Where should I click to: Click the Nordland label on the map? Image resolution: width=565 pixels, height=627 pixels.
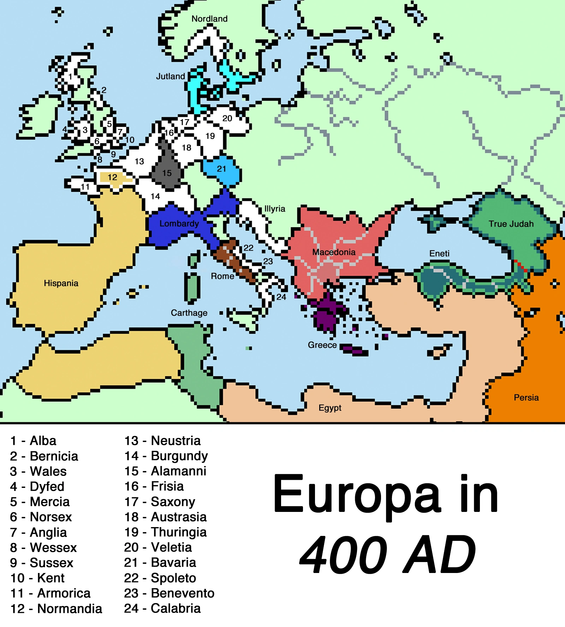pos(209,19)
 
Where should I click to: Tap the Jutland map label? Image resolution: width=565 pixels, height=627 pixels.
pos(171,76)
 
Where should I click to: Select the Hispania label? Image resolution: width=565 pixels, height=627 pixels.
pos(61,283)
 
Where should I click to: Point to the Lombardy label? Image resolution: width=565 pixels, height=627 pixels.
pos(179,223)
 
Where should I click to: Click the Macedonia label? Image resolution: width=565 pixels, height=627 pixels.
pos(334,252)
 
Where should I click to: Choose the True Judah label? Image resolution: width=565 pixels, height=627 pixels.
pos(511,224)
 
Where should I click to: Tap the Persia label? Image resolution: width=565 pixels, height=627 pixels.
pos(526,398)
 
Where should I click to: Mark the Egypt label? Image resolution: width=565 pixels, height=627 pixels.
pos(330,408)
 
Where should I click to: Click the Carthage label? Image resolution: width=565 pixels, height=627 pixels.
pos(189,313)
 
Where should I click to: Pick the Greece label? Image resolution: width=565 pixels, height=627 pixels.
pos(322,345)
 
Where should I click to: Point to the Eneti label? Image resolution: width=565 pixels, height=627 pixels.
pos(439,253)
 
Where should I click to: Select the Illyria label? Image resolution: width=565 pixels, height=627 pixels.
pos(275,209)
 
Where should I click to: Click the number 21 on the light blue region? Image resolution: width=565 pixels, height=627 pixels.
pos(221,169)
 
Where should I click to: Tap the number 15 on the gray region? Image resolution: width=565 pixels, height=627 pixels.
pos(167,173)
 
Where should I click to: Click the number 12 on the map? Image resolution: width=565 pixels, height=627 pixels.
pos(112,177)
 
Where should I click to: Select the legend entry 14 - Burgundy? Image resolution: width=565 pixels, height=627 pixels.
pos(166,456)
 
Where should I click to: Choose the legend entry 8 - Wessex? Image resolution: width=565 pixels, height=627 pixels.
pos(43,548)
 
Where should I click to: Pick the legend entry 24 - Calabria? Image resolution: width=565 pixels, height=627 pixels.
pos(162,608)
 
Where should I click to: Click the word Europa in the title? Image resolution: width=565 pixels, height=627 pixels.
pos(357,494)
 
